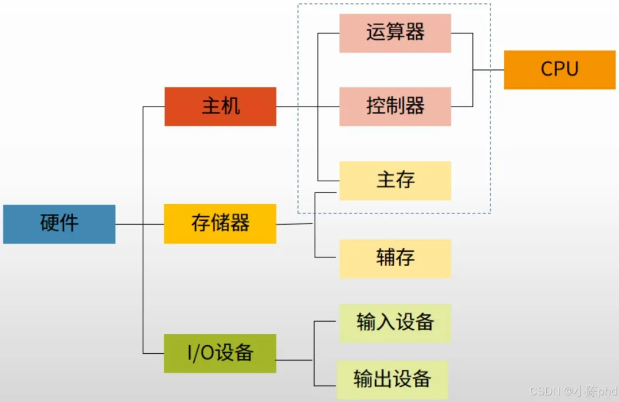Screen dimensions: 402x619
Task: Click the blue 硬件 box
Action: tap(59, 224)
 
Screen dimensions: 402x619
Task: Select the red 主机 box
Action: tap(220, 107)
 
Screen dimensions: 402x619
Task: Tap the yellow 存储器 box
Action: tap(220, 224)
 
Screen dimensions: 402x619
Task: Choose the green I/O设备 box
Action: tap(220, 353)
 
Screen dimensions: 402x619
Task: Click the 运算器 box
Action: tap(395, 33)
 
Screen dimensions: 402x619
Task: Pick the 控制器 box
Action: tap(395, 107)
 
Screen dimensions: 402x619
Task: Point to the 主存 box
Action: tap(395, 181)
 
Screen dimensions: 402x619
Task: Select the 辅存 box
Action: tap(395, 258)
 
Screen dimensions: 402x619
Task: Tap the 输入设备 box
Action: tap(395, 323)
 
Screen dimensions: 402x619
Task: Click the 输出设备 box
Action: tap(392, 380)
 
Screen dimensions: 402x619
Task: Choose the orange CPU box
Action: tap(559, 70)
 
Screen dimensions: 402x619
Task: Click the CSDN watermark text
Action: tap(573, 392)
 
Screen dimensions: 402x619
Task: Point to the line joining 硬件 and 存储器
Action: tap(140, 224)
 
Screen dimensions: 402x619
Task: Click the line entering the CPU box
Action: tap(488, 70)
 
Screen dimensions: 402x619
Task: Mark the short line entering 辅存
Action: tap(327, 258)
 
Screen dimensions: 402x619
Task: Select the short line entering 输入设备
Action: tap(327, 322)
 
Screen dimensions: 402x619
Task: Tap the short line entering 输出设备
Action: tap(325, 385)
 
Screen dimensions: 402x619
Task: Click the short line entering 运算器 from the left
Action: tap(328, 33)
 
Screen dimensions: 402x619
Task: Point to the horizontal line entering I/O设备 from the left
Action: tap(153, 353)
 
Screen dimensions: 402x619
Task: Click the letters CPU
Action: tap(559, 69)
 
